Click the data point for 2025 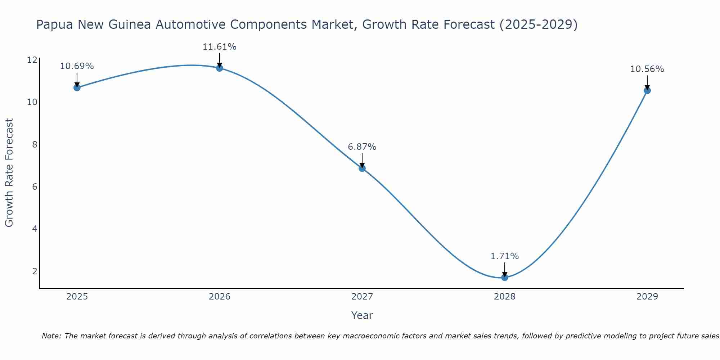point(77,87)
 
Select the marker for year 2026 point(220,68)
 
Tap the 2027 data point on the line point(362,168)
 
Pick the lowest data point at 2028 point(505,277)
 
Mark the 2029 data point point(647,90)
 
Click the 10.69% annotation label point(77,66)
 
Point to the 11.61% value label point(219,47)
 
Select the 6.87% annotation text point(362,147)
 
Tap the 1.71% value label point(504,256)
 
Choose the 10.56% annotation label point(647,69)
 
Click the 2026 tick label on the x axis point(220,297)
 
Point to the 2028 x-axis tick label point(505,297)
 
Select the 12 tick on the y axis point(32,60)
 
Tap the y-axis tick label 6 point(35,187)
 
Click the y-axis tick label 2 point(35,271)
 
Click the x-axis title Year point(362,315)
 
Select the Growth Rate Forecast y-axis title point(9,172)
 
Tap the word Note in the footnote point(51,336)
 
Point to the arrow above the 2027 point point(362,160)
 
